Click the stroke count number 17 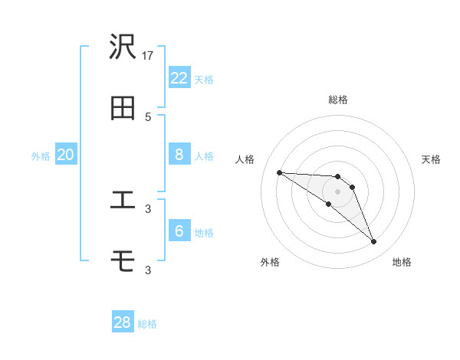tap(149, 55)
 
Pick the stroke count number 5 tap(148, 116)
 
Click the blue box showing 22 tap(179, 77)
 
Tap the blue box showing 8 tap(179, 154)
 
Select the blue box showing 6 tap(179, 231)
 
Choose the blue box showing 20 tap(66, 154)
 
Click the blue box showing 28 tap(123, 322)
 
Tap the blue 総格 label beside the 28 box tap(147, 324)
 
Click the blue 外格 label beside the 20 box tap(41, 156)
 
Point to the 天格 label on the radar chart tap(432, 159)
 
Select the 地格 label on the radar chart tap(402, 262)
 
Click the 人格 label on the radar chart tap(245, 159)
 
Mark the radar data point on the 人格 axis tap(279, 172)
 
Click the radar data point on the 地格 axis tap(374, 242)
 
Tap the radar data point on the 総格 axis tap(337, 177)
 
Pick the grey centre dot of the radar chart tap(337, 191)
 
